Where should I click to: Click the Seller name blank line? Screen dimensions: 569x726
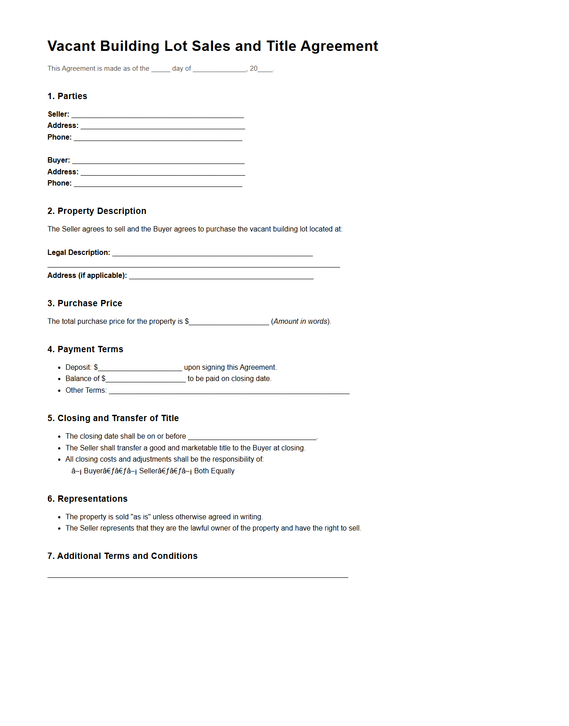[157, 115]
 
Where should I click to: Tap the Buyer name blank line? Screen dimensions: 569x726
[158, 161]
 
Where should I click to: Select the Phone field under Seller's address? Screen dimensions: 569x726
[158, 138]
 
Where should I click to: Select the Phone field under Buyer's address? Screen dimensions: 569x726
[158, 184]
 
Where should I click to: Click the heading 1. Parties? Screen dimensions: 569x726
[67, 96]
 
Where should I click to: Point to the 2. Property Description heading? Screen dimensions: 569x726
[96, 211]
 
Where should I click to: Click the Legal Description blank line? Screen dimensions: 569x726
[212, 253]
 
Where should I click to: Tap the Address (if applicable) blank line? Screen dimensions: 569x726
[221, 276]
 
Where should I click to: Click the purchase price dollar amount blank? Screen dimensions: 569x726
[229, 322]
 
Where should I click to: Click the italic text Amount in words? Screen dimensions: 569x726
[300, 322]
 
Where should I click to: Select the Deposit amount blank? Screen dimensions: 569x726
[140, 368]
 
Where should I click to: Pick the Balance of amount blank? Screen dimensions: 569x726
[146, 379]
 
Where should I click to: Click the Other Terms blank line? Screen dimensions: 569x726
[229, 391]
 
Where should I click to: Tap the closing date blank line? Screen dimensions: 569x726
[252, 437]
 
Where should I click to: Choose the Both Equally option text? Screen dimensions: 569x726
[214, 471]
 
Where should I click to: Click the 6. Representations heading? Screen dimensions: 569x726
[87, 499]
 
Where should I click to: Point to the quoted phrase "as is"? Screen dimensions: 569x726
[140, 517]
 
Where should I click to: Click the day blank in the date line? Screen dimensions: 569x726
[160, 69]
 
